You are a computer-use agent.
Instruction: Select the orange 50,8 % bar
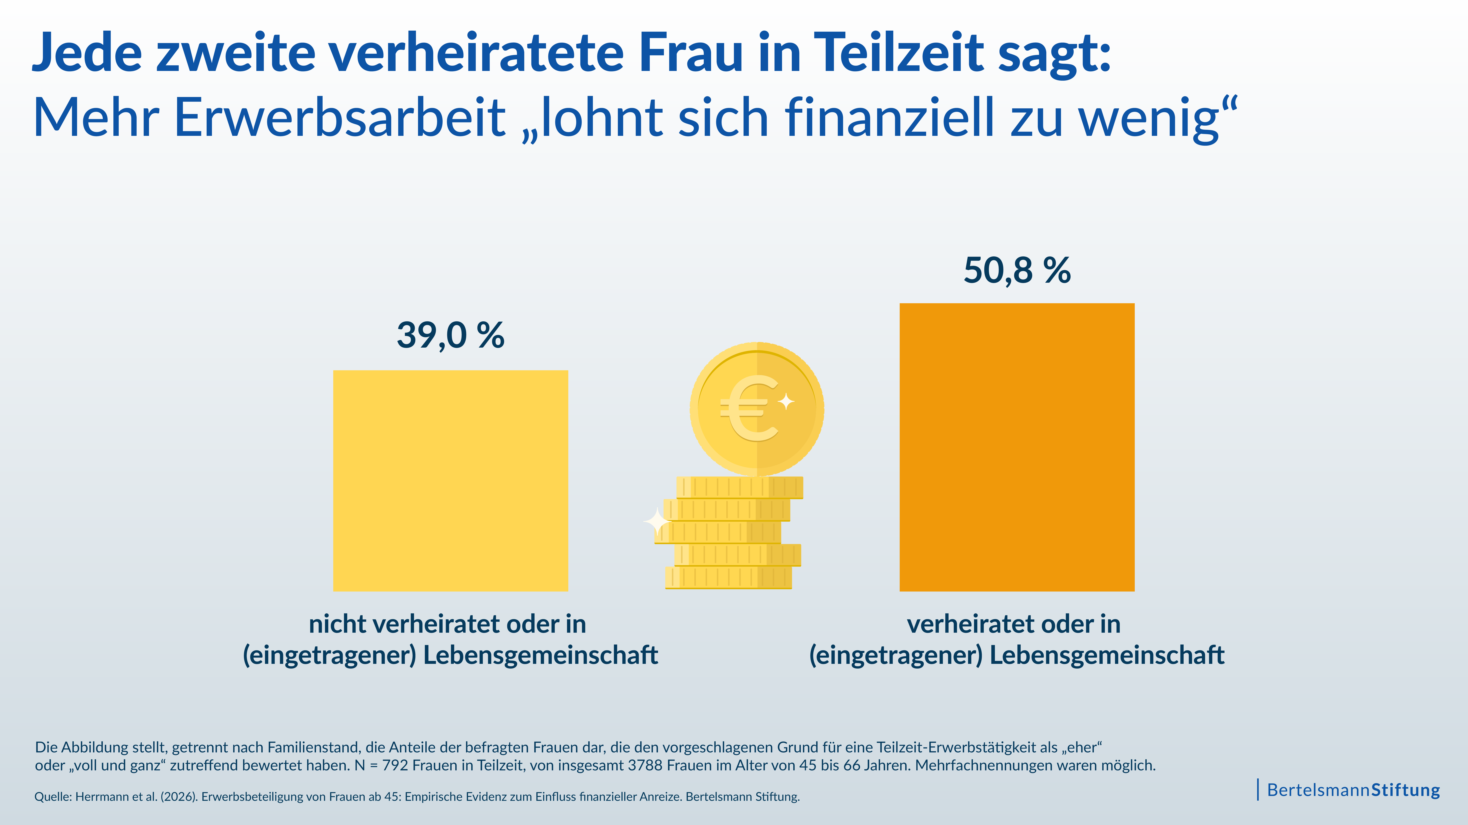tap(1017, 447)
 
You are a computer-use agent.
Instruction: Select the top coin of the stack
tap(740, 487)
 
